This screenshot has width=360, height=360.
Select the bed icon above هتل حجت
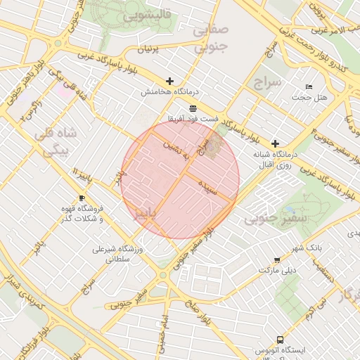coord(309,86)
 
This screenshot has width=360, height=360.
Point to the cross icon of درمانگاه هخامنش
coord(169,81)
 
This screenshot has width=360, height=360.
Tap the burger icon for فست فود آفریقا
coord(193,108)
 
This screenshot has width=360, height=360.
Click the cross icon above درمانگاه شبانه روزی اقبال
coord(274,143)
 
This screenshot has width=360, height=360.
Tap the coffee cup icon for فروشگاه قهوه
coord(82,199)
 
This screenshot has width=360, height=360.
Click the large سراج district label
coord(266,82)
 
